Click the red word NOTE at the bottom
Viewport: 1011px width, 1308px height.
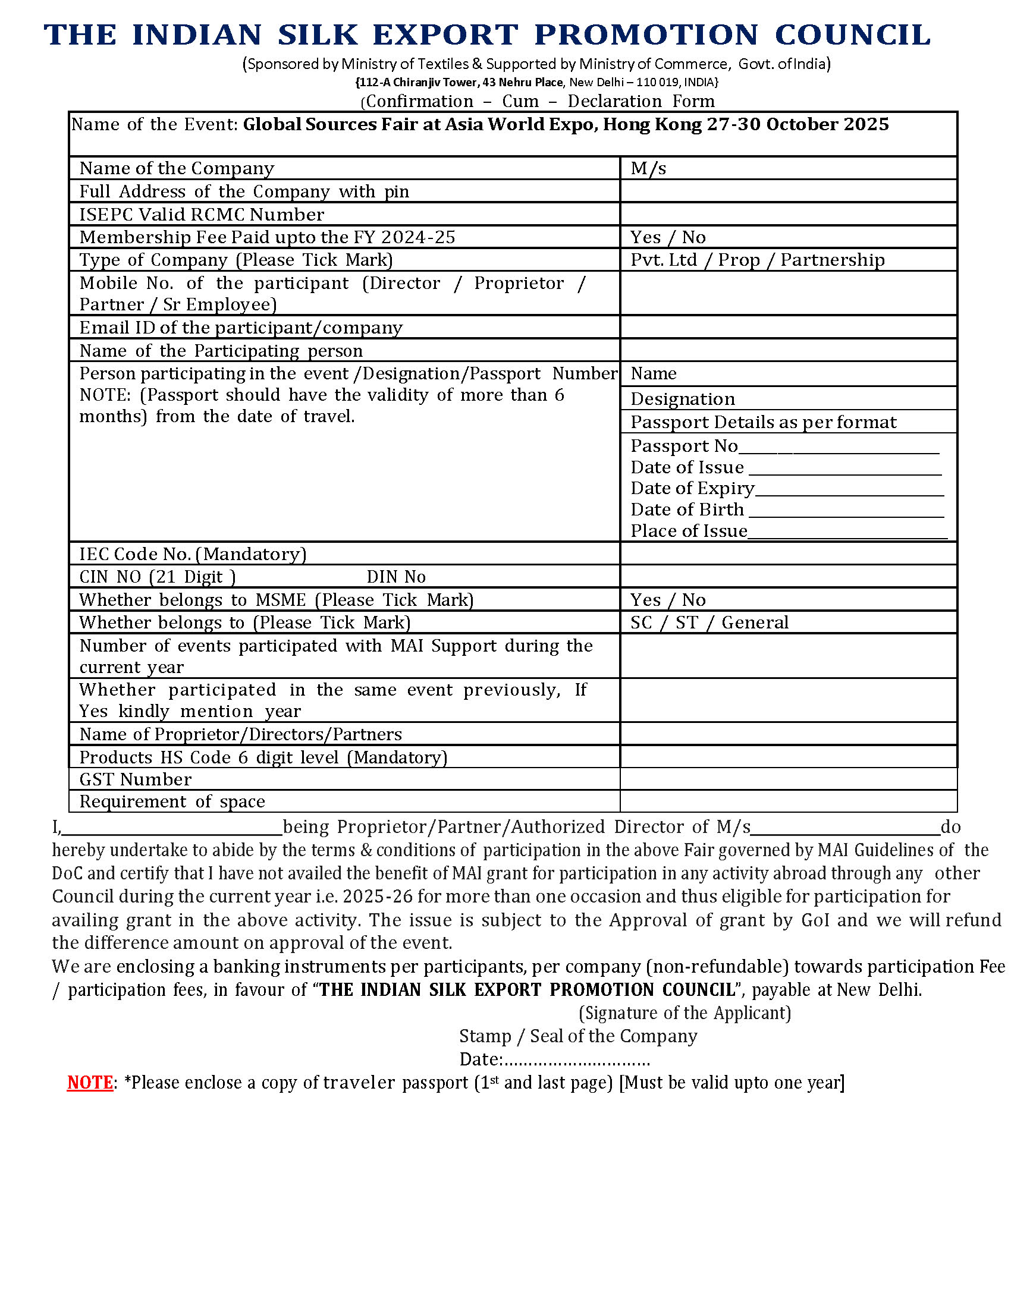[x=90, y=1083]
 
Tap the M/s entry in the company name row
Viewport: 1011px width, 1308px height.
[x=648, y=168]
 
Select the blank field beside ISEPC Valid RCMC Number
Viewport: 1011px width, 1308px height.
[x=788, y=215]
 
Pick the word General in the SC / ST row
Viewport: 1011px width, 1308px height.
[x=755, y=623]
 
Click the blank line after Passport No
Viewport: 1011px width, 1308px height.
[x=839, y=448]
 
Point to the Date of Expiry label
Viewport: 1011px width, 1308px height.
[x=692, y=489]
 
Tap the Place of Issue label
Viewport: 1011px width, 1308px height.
[x=689, y=531]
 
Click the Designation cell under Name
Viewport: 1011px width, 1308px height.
[x=683, y=399]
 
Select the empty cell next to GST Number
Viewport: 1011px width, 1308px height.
[x=788, y=779]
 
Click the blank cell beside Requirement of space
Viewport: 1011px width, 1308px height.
[x=788, y=801]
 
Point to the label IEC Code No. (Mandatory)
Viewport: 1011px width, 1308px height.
[x=193, y=554]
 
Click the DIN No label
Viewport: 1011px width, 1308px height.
[x=396, y=577]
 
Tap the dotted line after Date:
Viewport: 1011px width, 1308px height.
[x=576, y=1060]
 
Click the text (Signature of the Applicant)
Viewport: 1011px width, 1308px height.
[x=685, y=1013]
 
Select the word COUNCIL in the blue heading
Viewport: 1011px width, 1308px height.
[x=852, y=34]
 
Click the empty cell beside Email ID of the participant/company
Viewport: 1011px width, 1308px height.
[x=788, y=328]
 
